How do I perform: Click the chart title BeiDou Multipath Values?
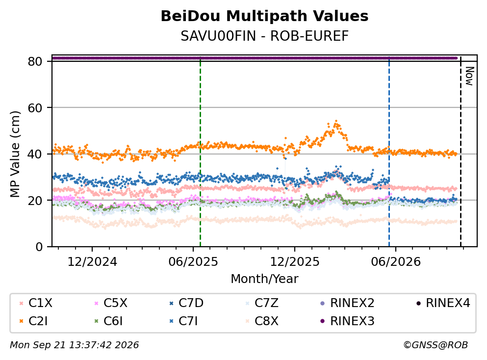pyautogui.click(x=264, y=16)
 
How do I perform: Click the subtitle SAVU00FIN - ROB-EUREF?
pyautogui.click(x=265, y=36)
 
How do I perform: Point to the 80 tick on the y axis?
pyautogui.click(x=35, y=61)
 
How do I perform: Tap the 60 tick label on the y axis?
pyautogui.click(x=35, y=108)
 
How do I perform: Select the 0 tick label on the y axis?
pyautogui.click(x=39, y=247)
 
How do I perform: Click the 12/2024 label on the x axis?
pyautogui.click(x=92, y=262)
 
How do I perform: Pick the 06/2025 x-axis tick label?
pyautogui.click(x=193, y=262)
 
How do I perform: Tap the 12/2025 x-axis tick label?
pyautogui.click(x=294, y=262)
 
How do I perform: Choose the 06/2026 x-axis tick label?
pyautogui.click(x=396, y=262)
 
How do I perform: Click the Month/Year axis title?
pyautogui.click(x=264, y=279)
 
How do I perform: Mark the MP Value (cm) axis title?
pyautogui.click(x=15, y=154)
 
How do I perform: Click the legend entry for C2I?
pyautogui.click(x=34, y=321)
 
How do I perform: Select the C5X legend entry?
pyautogui.click(x=111, y=303)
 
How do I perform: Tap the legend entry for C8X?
pyautogui.click(x=262, y=321)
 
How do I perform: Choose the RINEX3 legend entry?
pyautogui.click(x=347, y=321)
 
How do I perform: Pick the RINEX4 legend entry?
pyautogui.click(x=443, y=303)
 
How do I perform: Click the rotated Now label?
pyautogui.click(x=469, y=76)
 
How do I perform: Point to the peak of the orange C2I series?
pyautogui.click(x=336, y=121)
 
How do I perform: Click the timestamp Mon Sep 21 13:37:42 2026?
pyautogui.click(x=74, y=345)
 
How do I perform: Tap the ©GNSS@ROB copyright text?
pyautogui.click(x=436, y=345)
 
